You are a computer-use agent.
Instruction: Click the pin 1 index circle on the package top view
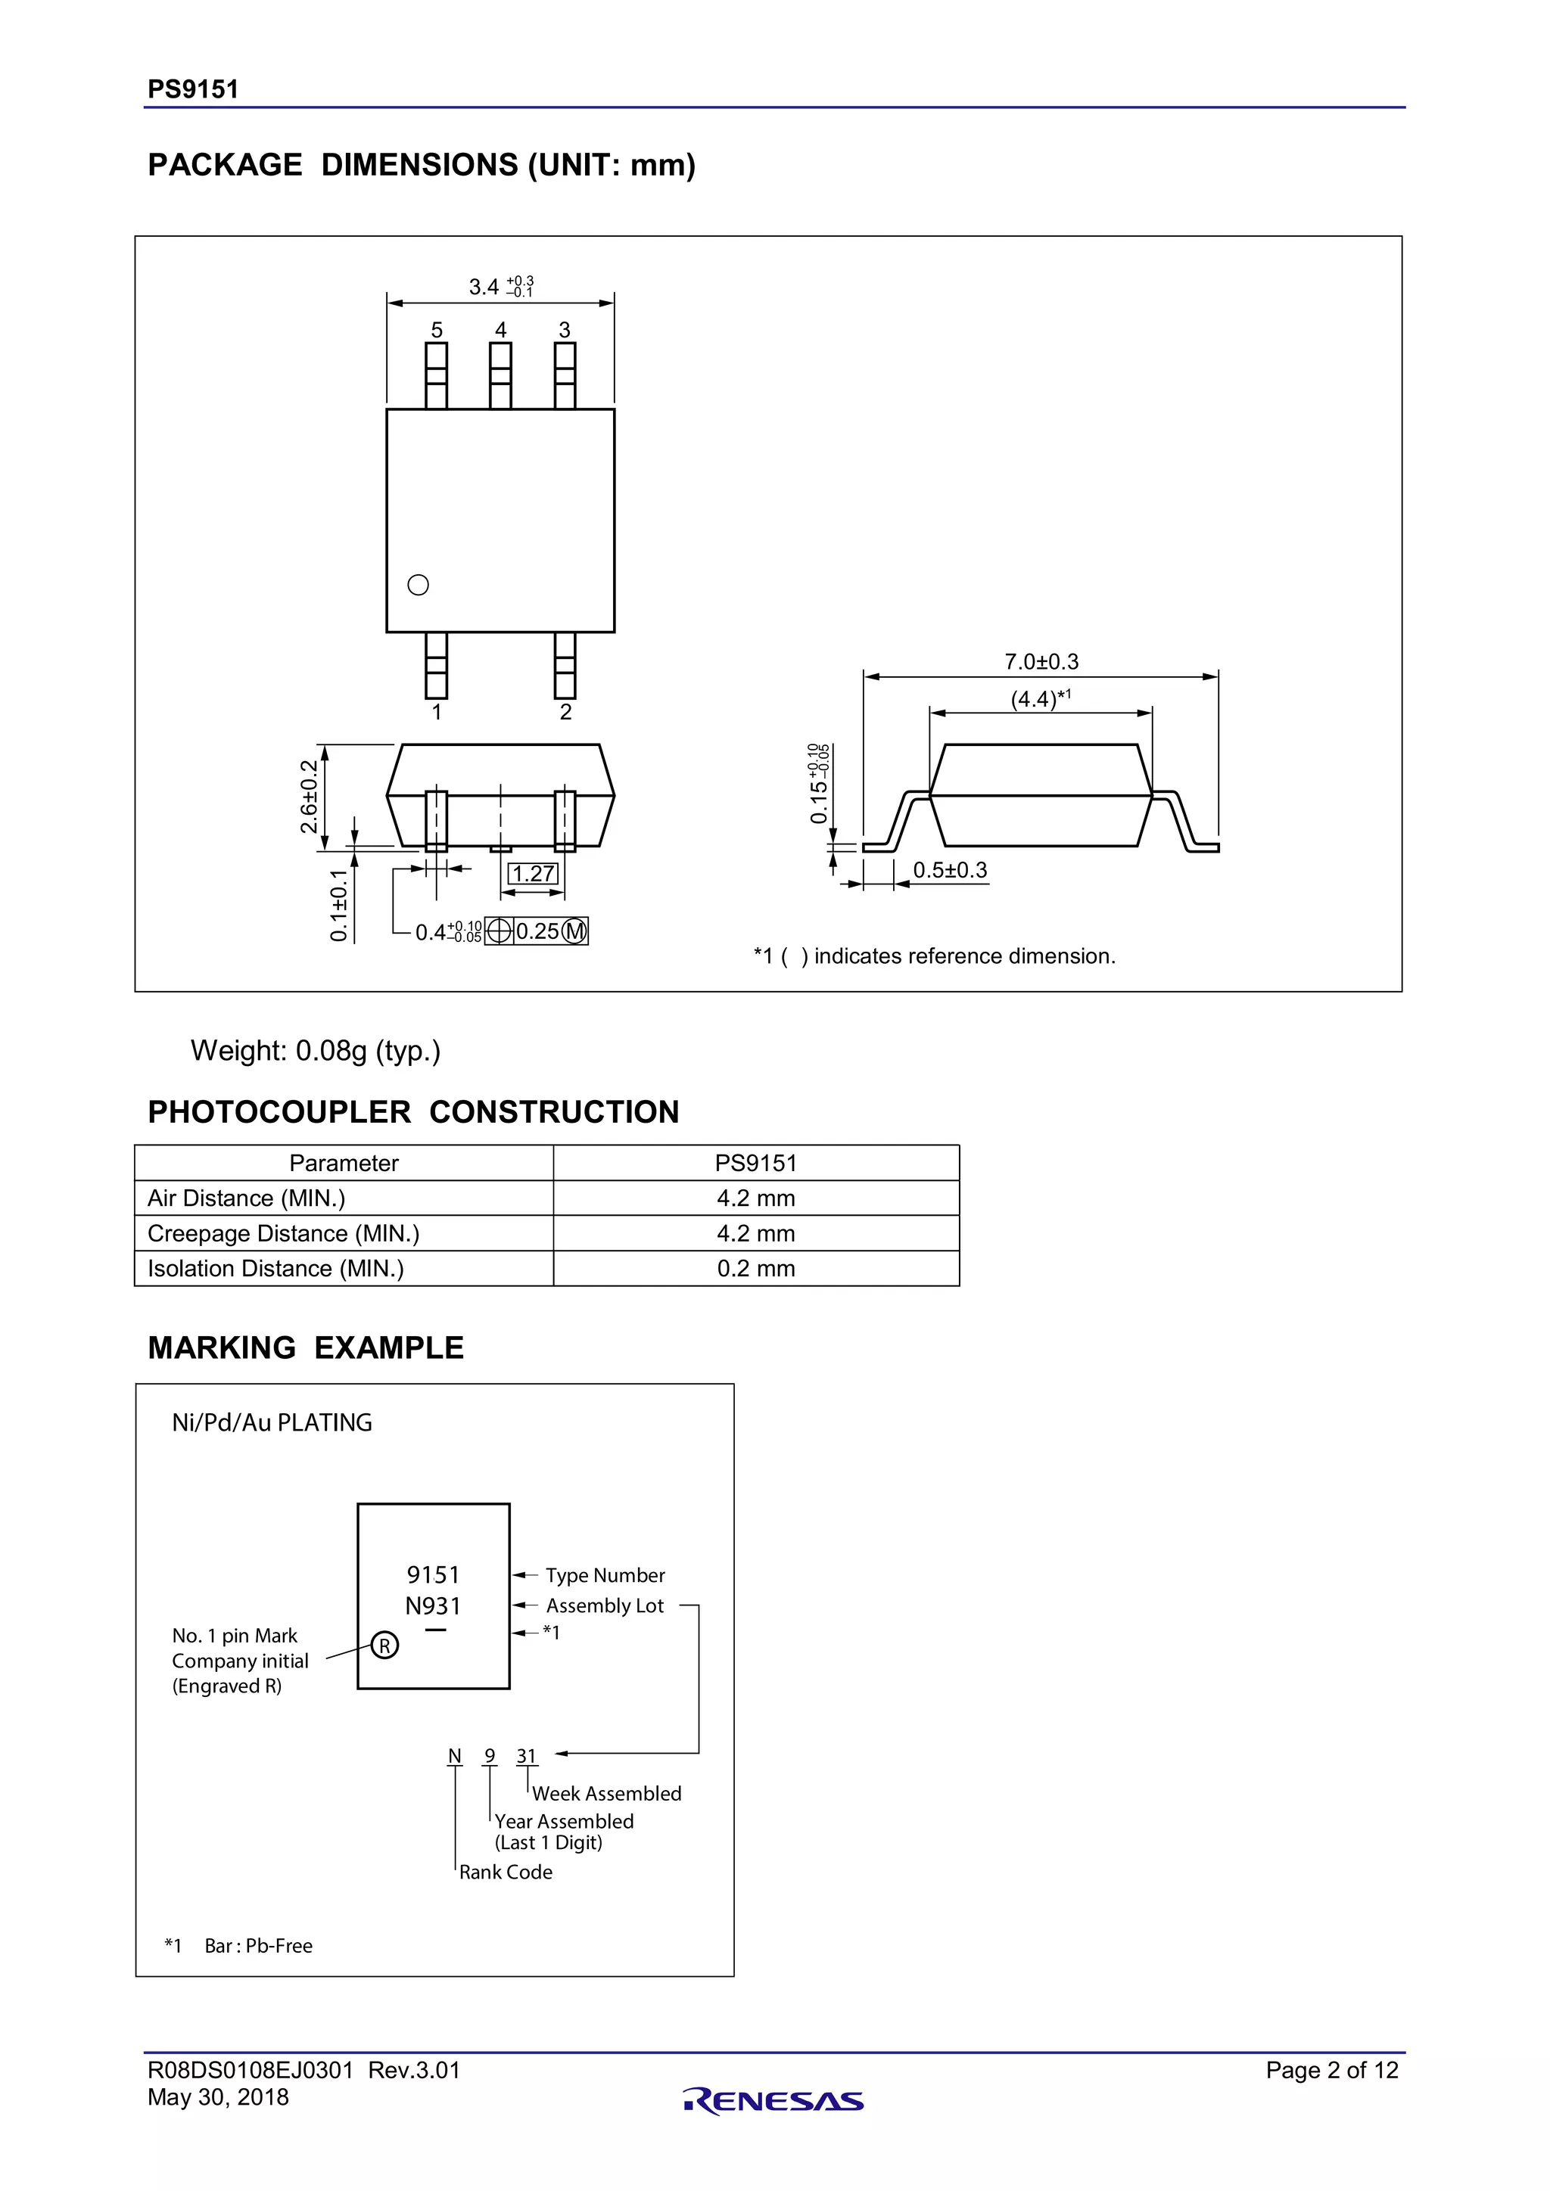point(418,585)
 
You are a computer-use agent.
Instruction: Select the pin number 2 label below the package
point(566,712)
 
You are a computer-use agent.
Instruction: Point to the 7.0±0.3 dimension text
point(1041,661)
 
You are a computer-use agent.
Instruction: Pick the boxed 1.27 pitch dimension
point(533,873)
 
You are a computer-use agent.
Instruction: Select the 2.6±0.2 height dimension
point(308,796)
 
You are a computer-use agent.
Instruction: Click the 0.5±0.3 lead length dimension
point(950,870)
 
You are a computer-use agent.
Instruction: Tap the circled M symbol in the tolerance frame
point(574,931)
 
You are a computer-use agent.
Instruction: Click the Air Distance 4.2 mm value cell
point(756,1198)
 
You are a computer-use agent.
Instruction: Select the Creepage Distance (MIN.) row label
point(284,1233)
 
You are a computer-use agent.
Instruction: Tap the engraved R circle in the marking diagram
point(384,1646)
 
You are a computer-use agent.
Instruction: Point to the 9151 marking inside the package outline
point(434,1574)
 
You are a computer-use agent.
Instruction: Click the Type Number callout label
point(605,1575)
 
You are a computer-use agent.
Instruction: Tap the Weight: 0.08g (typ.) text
point(316,1051)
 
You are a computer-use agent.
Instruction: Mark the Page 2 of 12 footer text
point(1331,2070)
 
